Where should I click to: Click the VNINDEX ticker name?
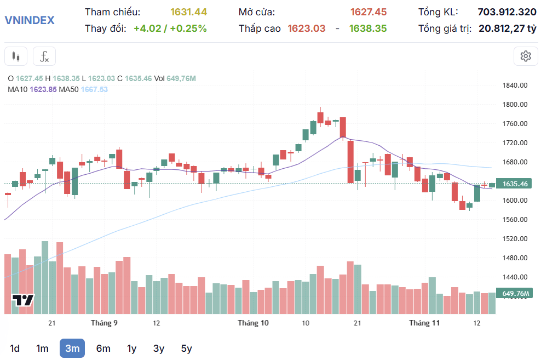coord(30,20)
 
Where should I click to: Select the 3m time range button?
coord(72,348)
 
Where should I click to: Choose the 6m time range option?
coord(103,348)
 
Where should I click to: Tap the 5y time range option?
coord(186,348)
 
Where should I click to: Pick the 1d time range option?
coord(14,348)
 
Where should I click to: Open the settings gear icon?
coord(526,56)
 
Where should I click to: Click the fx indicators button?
coord(44,56)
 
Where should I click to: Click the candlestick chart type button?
coord(16,56)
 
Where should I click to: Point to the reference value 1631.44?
coord(188,12)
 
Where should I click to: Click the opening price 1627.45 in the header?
coord(369,12)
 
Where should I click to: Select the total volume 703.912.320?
coord(507,12)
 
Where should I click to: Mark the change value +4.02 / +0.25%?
coord(170,28)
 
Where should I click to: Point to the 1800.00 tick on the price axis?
coord(515,104)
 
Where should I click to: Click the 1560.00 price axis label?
coord(515,219)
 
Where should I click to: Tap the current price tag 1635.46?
coord(514,184)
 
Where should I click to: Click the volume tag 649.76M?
coord(514,293)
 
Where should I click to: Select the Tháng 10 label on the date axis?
coord(253,323)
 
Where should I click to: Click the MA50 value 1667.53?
coord(94,89)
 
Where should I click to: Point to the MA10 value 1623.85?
coord(43,89)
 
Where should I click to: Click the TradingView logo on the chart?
coord(23,300)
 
